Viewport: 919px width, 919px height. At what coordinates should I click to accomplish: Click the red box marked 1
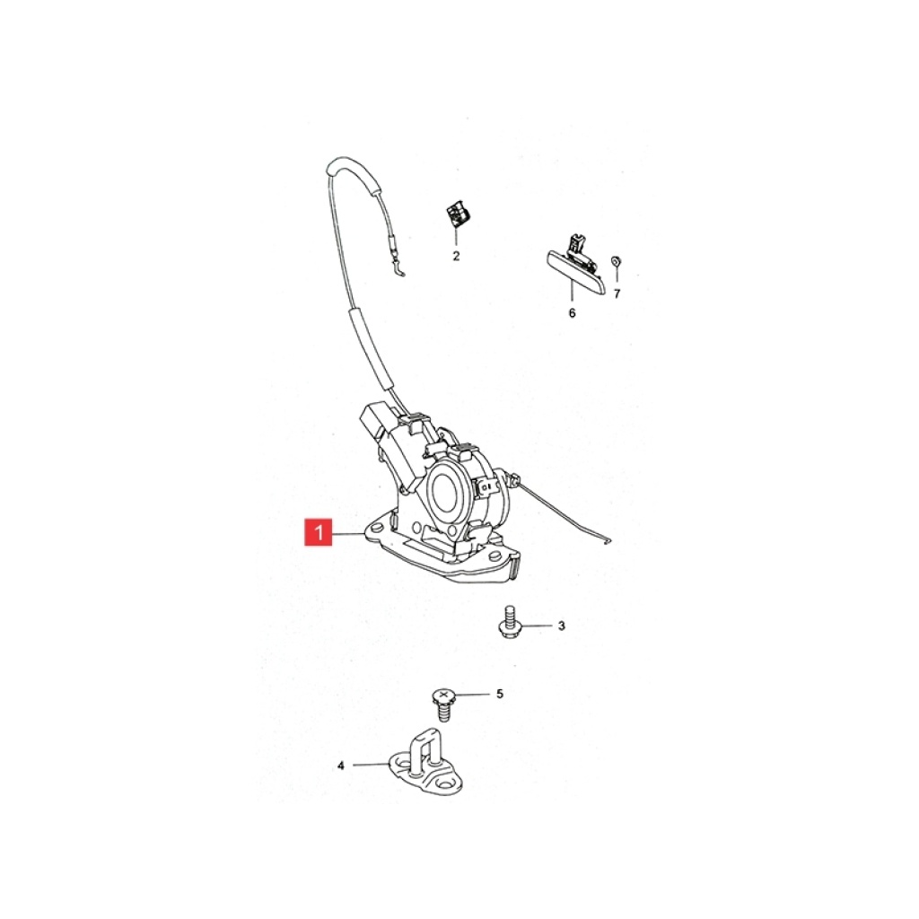[319, 532]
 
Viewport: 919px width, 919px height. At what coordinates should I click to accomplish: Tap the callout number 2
[456, 256]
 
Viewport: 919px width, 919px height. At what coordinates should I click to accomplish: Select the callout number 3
[562, 626]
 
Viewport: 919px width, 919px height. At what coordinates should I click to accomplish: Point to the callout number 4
[341, 766]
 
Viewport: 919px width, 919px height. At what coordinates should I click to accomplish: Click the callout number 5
[500, 694]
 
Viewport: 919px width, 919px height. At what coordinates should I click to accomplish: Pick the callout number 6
[572, 313]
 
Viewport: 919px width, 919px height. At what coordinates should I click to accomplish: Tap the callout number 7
[617, 293]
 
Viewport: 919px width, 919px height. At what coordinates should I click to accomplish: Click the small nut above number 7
[616, 260]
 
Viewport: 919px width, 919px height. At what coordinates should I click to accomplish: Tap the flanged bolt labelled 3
[508, 623]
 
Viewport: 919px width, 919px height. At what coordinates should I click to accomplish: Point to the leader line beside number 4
[370, 765]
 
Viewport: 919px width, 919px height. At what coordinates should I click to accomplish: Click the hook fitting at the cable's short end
[398, 267]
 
